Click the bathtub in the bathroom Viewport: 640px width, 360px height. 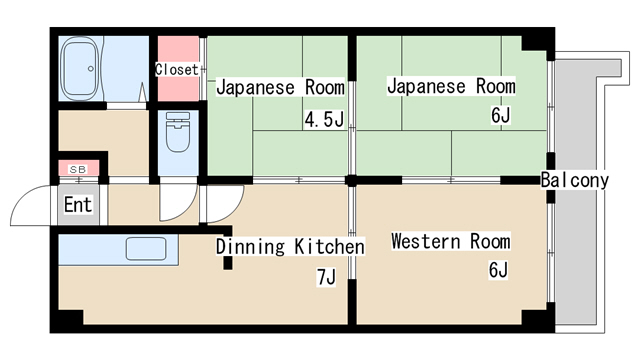(x=80, y=68)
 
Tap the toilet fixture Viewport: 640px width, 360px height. (x=178, y=131)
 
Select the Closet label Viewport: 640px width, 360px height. (x=176, y=69)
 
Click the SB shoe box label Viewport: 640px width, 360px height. (x=78, y=169)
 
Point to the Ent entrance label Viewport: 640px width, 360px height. (x=78, y=204)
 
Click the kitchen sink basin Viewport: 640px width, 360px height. (x=146, y=249)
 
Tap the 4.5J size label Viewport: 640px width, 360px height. (x=324, y=120)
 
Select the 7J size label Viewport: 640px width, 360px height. (x=326, y=277)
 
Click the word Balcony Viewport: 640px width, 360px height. (x=575, y=180)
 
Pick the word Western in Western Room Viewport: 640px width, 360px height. (x=426, y=241)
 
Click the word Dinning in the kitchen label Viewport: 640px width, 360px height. (x=250, y=247)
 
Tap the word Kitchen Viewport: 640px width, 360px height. (x=329, y=247)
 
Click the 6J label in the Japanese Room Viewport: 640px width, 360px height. (x=500, y=116)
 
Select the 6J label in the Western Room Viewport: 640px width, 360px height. (x=498, y=270)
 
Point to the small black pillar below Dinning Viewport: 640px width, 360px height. (x=228, y=263)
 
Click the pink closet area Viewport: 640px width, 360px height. (x=178, y=69)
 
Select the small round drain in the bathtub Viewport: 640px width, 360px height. (x=91, y=69)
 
